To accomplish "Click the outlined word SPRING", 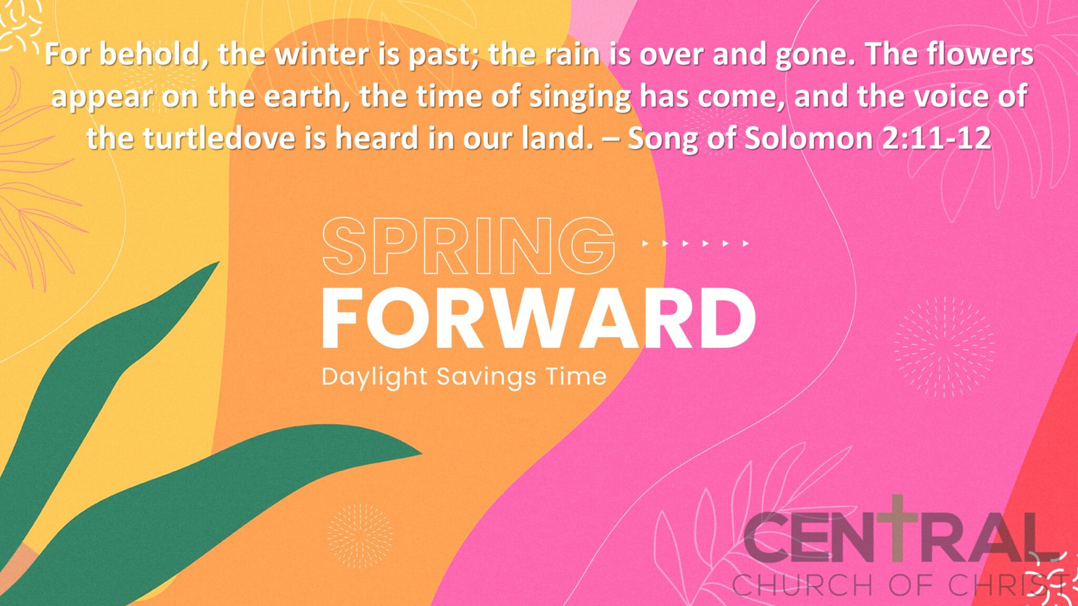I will pyautogui.click(x=468, y=246).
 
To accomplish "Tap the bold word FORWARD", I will pyautogui.click(x=538, y=319).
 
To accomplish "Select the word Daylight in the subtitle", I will pyautogui.click(x=374, y=377).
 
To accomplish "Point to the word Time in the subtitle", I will pyautogui.click(x=576, y=376).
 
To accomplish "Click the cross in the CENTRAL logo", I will pyautogui.click(x=897, y=526).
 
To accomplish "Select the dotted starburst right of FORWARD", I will pyautogui.click(x=944, y=347).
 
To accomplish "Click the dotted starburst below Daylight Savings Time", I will pyautogui.click(x=360, y=535).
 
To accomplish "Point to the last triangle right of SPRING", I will pyautogui.click(x=745, y=243).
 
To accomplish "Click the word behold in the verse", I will pyautogui.click(x=153, y=54).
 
